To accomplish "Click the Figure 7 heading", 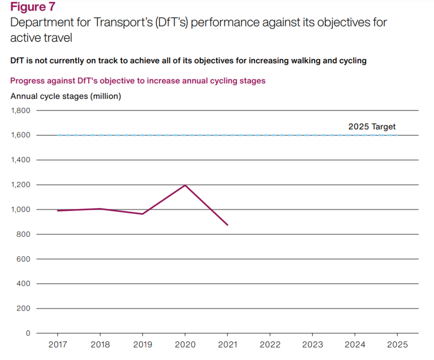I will click(x=33, y=7).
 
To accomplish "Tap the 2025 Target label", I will click(x=372, y=127).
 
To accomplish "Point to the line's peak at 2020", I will click(x=185, y=185).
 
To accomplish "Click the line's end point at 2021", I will click(x=227, y=225).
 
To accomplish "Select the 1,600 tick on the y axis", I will click(x=20, y=135).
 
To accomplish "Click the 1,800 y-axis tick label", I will click(x=20, y=110).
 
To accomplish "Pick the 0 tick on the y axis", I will click(x=27, y=333).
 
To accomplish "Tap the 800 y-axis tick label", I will click(x=23, y=234).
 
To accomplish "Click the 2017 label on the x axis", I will click(x=58, y=345).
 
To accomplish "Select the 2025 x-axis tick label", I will click(x=397, y=345).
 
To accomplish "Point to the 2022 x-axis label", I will click(x=270, y=345).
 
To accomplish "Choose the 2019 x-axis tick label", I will click(x=142, y=345).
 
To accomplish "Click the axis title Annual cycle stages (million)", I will click(x=66, y=96).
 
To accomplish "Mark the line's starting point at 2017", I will click(x=58, y=210).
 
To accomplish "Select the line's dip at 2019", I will click(x=142, y=214).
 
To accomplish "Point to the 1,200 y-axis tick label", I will click(x=20, y=185).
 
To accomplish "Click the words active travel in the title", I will click(x=41, y=37).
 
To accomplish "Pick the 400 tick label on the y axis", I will click(x=23, y=284).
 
